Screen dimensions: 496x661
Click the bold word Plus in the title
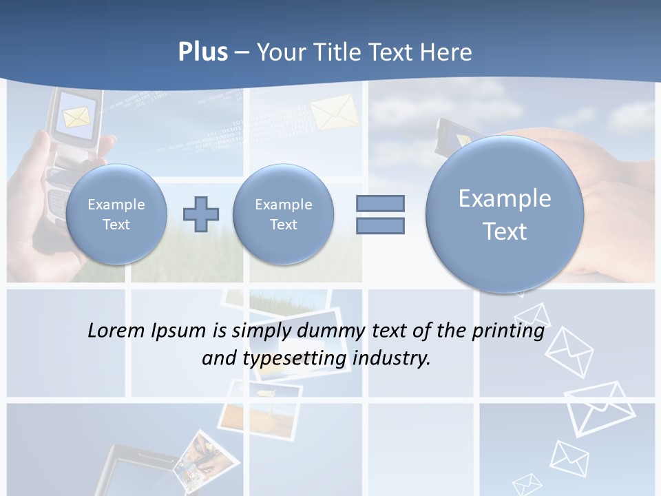pyautogui.click(x=202, y=52)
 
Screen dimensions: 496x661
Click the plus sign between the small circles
pyautogui.click(x=201, y=214)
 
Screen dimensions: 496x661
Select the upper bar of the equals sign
pyautogui.click(x=380, y=203)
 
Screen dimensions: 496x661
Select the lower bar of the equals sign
pyautogui.click(x=380, y=225)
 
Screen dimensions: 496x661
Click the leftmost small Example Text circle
pyautogui.click(x=116, y=214)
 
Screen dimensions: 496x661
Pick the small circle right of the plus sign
pyautogui.click(x=283, y=214)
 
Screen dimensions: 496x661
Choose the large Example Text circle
pyautogui.click(x=505, y=214)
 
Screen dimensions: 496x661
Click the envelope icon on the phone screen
pyautogui.click(x=76, y=117)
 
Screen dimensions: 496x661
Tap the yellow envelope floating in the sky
pyautogui.click(x=335, y=112)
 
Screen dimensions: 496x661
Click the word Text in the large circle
pyautogui.click(x=505, y=231)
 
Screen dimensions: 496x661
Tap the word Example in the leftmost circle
pyautogui.click(x=116, y=205)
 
